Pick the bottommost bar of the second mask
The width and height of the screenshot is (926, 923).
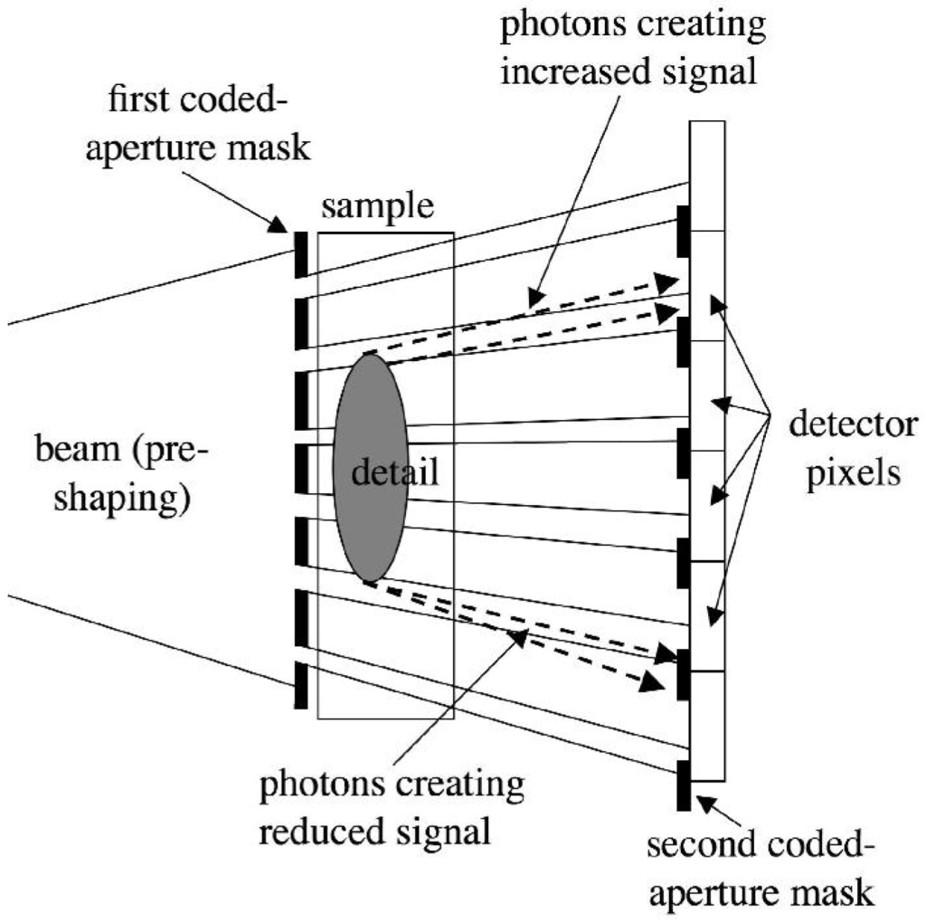685,785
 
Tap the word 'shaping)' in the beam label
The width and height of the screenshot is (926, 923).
122,497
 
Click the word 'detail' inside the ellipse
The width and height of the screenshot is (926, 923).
394,471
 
